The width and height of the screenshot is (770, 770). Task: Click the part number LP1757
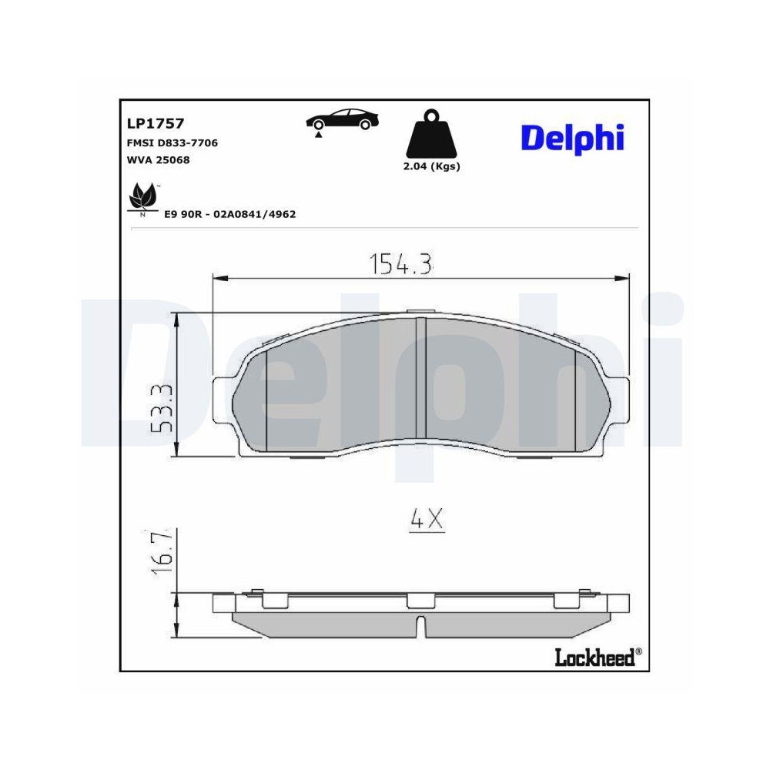pyautogui.click(x=155, y=122)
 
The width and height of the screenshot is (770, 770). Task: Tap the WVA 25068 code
pyautogui.click(x=158, y=160)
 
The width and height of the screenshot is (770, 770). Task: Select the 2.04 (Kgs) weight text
pyautogui.click(x=431, y=167)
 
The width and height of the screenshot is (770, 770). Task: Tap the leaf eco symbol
pyautogui.click(x=142, y=198)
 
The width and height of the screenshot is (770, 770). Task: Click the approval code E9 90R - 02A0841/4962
pyautogui.click(x=230, y=214)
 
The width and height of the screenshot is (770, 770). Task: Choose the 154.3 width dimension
pyautogui.click(x=402, y=264)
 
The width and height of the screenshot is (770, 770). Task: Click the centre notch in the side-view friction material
pyautogui.click(x=420, y=625)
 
